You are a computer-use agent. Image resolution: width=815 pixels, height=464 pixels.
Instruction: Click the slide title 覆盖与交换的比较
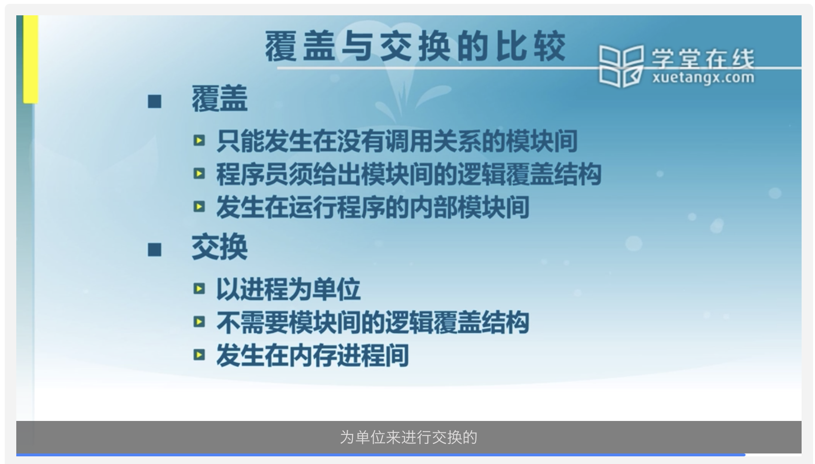point(415,46)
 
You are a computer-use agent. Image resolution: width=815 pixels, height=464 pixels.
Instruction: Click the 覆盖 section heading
point(219,99)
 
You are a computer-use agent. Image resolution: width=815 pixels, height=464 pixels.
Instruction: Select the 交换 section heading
point(219,247)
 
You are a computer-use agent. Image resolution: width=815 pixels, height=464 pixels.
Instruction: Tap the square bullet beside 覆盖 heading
point(155,101)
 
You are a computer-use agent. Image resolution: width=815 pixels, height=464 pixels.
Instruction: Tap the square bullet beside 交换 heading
point(155,250)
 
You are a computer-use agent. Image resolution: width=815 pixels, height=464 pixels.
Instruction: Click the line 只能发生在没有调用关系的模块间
point(396,141)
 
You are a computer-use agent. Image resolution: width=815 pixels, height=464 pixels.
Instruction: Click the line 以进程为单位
point(288,289)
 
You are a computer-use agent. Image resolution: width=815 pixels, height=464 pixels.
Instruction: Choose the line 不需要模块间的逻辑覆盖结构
point(373,322)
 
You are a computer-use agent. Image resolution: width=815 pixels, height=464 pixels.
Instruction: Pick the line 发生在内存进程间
point(313,355)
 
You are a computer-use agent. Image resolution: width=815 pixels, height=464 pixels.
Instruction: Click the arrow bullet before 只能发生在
point(199,141)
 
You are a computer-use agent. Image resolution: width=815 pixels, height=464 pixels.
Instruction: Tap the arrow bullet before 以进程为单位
point(199,289)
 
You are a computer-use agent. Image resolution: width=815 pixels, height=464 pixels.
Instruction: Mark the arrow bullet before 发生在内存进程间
point(199,355)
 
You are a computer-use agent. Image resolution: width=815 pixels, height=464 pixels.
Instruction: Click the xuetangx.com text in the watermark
point(703,78)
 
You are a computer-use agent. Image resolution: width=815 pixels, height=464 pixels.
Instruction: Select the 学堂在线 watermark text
point(703,59)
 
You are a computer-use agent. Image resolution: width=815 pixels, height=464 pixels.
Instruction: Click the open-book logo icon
point(621,66)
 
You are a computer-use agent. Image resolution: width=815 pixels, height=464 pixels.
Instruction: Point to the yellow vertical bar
point(31,59)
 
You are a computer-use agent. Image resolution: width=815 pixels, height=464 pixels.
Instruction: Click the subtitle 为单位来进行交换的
point(408,438)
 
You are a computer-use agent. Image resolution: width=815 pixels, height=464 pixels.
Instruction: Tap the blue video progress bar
point(381,455)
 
